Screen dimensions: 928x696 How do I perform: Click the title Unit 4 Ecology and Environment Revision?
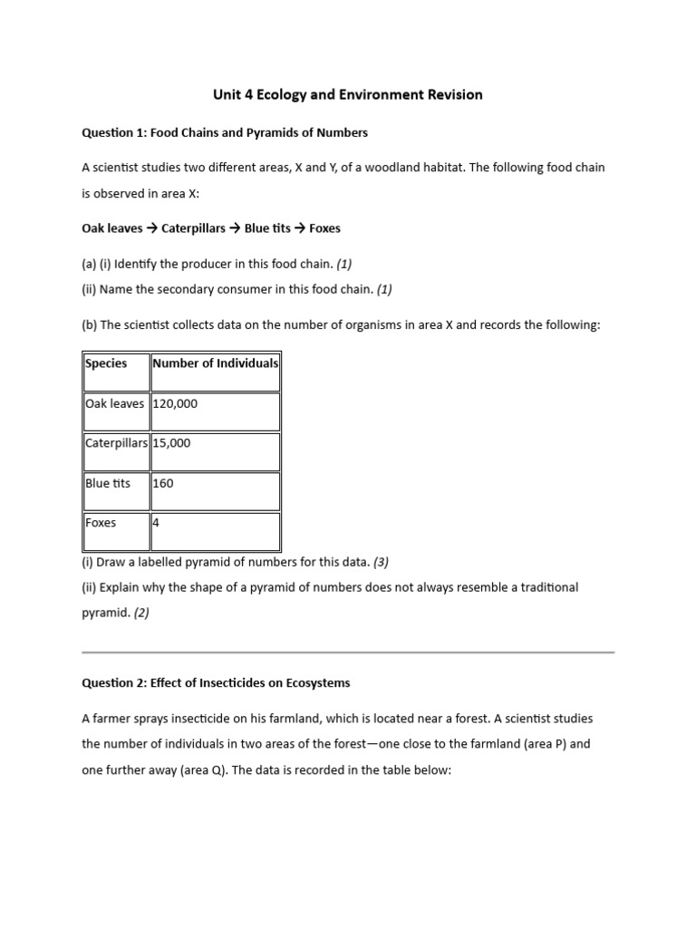point(347,94)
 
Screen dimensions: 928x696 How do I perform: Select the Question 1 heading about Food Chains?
point(225,132)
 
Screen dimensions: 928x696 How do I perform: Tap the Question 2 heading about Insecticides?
point(216,682)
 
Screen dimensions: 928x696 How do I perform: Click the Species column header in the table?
point(106,363)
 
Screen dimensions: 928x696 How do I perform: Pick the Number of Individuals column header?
point(216,363)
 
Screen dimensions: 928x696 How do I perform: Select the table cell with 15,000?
point(171,443)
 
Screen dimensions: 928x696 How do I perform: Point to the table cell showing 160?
point(163,483)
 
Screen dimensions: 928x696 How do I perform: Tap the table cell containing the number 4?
point(157,523)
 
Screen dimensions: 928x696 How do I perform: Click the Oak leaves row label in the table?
point(115,403)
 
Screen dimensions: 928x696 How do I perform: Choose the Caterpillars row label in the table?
point(116,443)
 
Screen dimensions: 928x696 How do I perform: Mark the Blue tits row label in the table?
point(108,483)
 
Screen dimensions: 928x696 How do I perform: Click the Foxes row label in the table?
point(101,523)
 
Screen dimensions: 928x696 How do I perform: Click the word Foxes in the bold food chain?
point(324,228)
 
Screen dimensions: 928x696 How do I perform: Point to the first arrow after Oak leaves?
point(152,228)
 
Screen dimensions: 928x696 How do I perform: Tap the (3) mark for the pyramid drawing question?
point(381,562)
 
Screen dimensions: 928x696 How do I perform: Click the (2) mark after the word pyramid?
point(141,613)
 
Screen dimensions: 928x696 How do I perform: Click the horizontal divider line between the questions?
point(348,652)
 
